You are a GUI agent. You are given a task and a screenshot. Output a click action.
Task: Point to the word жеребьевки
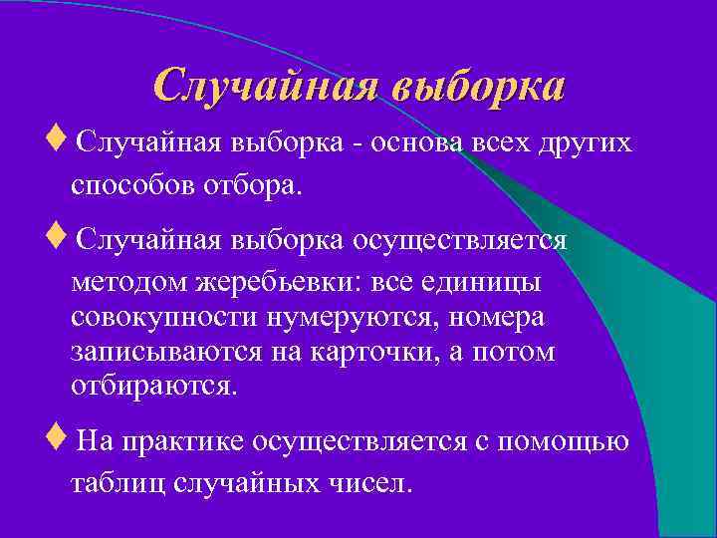coord(283,283)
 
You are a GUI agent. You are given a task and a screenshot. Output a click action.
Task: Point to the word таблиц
coord(118,485)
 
